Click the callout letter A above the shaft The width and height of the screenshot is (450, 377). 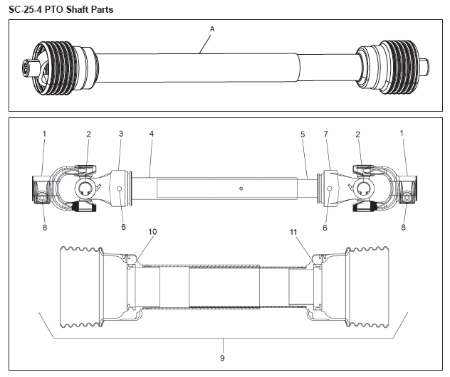[x=211, y=28]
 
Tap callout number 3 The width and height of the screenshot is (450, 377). [x=121, y=134]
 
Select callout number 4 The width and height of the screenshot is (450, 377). [x=151, y=134]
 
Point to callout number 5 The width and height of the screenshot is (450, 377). [x=302, y=134]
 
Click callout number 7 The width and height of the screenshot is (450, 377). [x=326, y=134]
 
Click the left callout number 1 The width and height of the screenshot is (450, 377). [x=43, y=134]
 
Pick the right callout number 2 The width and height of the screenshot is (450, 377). [x=358, y=134]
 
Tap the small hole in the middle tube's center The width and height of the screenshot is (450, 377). [x=241, y=188]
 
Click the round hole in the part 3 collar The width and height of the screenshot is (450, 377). [x=119, y=188]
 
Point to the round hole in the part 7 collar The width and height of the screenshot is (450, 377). [x=330, y=188]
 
